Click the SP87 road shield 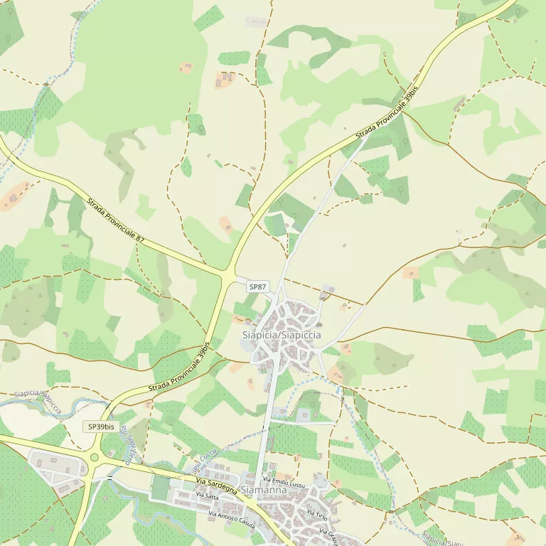tap(257, 287)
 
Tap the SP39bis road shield tap(100, 427)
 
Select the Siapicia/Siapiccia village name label tap(282, 335)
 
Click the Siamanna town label tap(264, 491)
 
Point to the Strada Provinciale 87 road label tap(116, 221)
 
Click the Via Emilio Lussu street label tap(284, 484)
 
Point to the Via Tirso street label tap(316, 513)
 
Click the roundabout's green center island tap(94, 458)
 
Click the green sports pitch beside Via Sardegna tap(161, 488)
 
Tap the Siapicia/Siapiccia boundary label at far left tap(38, 400)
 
